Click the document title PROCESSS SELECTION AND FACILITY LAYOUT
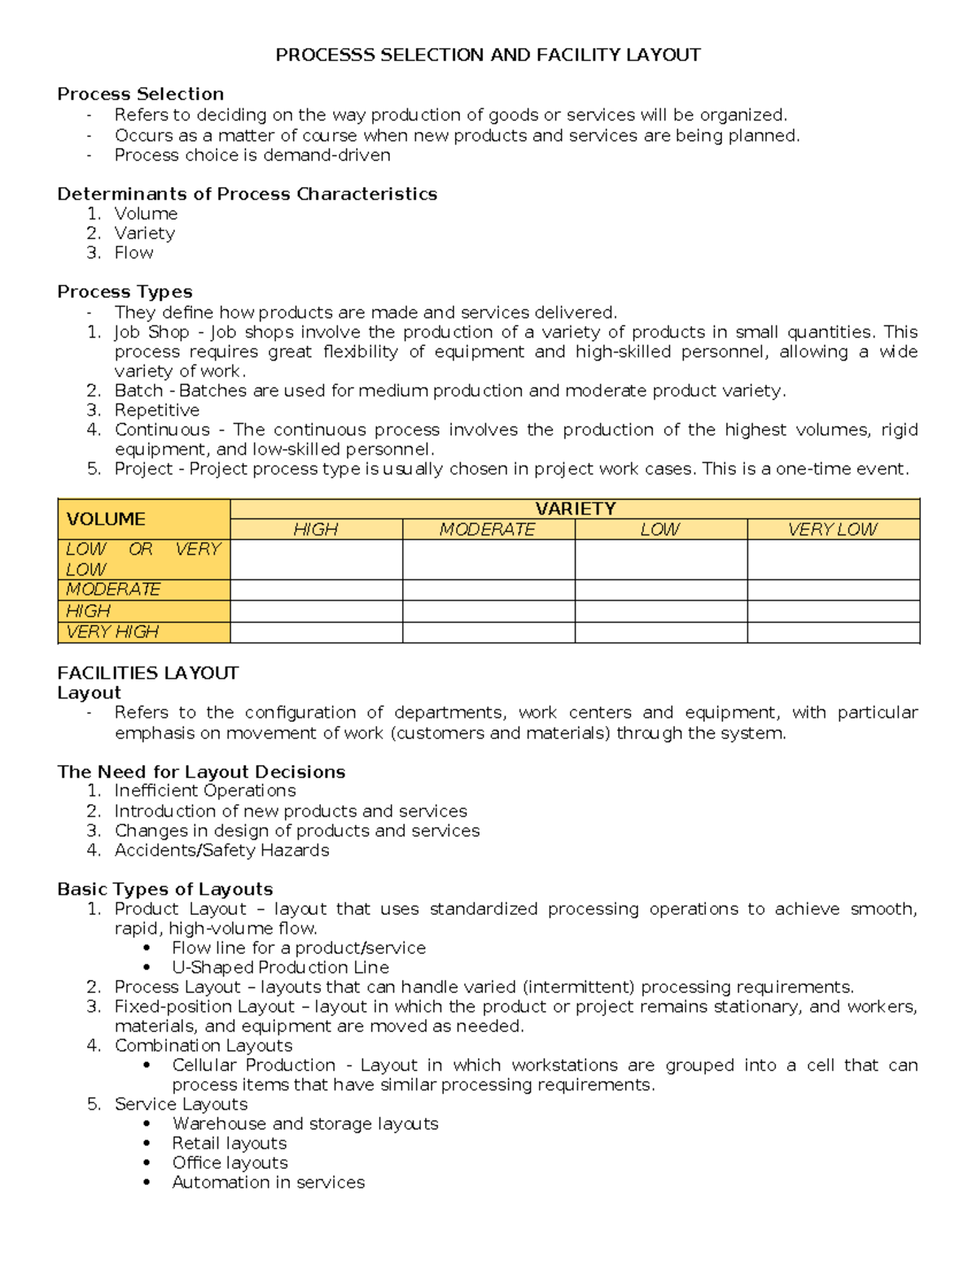(488, 55)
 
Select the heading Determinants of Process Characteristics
(247, 195)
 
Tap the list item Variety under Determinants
(144, 234)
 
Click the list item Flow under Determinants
(134, 253)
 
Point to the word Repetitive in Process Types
(156, 410)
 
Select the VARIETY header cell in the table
(575, 509)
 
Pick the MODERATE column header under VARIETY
(488, 530)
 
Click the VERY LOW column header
(832, 530)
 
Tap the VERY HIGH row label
(112, 632)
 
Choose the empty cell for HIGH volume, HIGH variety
(316, 611)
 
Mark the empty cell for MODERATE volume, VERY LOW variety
(833, 590)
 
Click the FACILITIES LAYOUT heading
(147, 673)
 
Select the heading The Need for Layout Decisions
(201, 772)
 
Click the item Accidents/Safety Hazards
(221, 851)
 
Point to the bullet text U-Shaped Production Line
(280, 968)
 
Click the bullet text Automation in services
(268, 1183)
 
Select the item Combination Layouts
(203, 1046)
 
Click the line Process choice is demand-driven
(252, 155)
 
